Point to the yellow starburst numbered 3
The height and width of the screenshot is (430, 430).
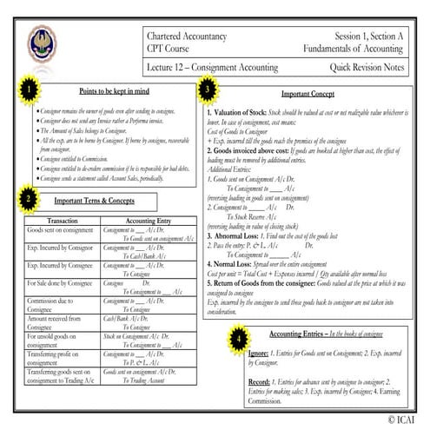click(x=207, y=88)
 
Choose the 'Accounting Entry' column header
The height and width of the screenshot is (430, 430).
click(x=147, y=221)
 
